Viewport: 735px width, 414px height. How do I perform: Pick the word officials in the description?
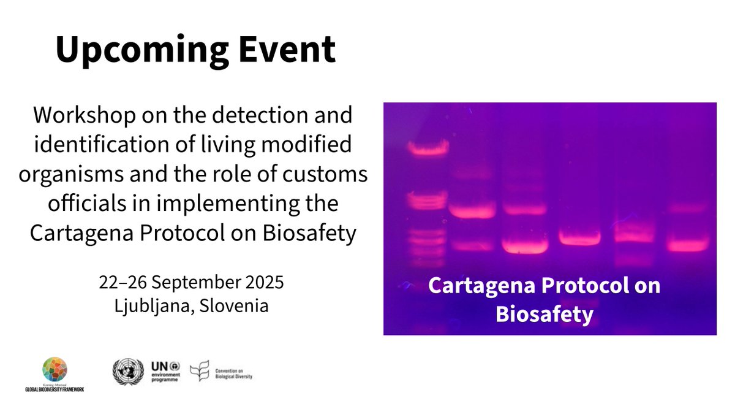point(88,204)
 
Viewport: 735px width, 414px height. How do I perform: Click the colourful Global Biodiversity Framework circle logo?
point(55,369)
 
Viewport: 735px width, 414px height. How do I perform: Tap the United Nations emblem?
point(127,372)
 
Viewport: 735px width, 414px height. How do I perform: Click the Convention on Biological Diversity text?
point(233,372)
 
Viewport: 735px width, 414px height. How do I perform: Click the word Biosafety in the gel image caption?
point(545,315)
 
